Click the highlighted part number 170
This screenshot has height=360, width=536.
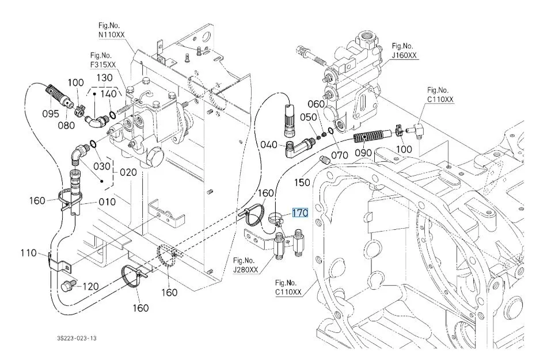coord(300,213)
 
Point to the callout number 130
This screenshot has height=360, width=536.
coord(104,78)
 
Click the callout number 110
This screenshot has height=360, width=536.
coord(28,253)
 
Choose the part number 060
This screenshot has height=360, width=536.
coord(316,104)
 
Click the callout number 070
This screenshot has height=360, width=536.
coord(339,155)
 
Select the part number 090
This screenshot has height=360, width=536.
coord(363,154)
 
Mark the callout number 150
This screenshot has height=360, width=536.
coord(302,183)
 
